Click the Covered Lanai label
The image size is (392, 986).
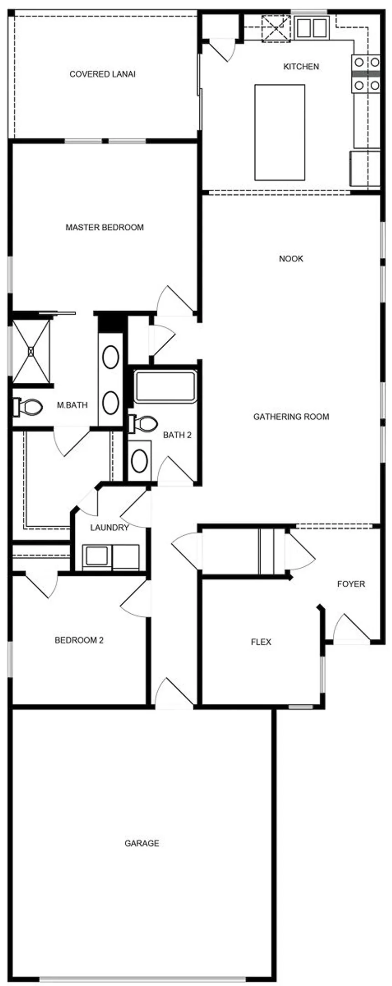click(102, 74)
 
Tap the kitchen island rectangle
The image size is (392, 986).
click(279, 132)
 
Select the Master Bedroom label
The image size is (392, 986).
click(104, 227)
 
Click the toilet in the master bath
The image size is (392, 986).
click(27, 407)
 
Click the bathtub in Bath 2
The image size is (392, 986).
click(165, 387)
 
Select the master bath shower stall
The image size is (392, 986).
click(31, 351)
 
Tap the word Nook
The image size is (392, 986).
click(291, 259)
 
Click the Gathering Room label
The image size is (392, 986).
click(291, 416)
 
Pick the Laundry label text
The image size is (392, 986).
click(109, 528)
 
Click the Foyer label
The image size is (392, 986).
click(351, 584)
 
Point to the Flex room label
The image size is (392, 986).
click(261, 642)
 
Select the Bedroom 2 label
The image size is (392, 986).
click(79, 640)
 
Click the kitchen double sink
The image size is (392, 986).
click(312, 28)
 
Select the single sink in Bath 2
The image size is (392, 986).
click(139, 461)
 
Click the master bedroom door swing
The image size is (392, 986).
click(175, 301)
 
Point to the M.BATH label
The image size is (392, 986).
click(72, 405)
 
